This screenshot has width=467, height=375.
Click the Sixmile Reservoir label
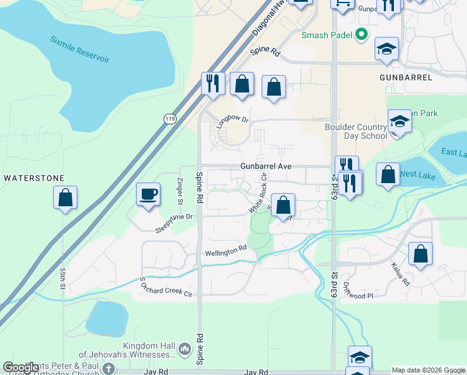80,49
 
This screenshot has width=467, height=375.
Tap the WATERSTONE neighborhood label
34,178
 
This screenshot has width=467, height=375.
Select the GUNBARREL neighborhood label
406,77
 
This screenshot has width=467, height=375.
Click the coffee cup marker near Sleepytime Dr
148,194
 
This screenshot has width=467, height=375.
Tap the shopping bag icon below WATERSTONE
65,198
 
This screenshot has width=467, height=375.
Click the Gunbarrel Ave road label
267,167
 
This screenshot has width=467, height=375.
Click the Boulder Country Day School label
356,131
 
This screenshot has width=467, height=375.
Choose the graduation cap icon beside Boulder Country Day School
399,122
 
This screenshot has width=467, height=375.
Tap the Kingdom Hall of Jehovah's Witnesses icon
184,347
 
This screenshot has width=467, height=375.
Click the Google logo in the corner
21,367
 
